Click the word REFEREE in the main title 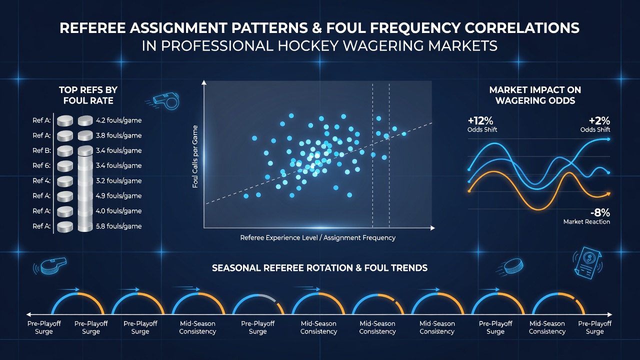(92, 28)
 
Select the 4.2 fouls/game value (118, 120)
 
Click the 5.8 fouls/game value (118, 226)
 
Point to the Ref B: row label (41, 150)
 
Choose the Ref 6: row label (41, 165)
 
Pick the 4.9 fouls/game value (118, 196)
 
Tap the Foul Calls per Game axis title (195, 156)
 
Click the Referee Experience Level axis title (317, 237)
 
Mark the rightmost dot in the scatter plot (404, 133)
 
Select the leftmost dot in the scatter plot (246, 196)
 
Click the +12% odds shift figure (480, 121)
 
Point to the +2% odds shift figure (599, 121)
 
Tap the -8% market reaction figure (600, 213)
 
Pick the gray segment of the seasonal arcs (267, 297)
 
